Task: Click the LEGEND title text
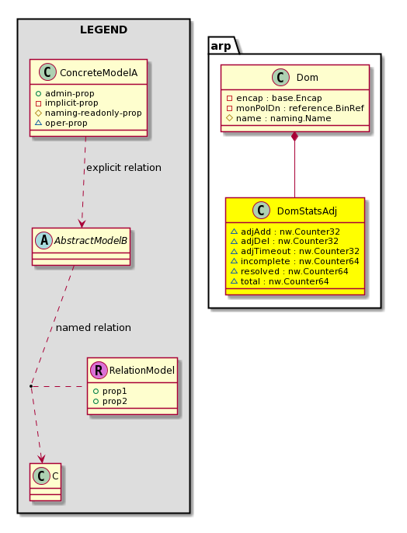(x=103, y=30)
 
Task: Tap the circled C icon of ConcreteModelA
(x=47, y=72)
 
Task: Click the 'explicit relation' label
(x=123, y=168)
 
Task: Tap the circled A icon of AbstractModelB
(x=43, y=240)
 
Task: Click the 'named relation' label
(x=93, y=328)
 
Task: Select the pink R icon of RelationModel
(x=99, y=370)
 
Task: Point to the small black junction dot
(x=31, y=386)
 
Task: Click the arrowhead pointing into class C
(x=41, y=458)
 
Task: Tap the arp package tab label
(x=221, y=46)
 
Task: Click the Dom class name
(x=308, y=78)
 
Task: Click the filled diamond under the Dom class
(x=295, y=136)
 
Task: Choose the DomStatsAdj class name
(x=307, y=211)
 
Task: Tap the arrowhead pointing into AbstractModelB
(x=82, y=223)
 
